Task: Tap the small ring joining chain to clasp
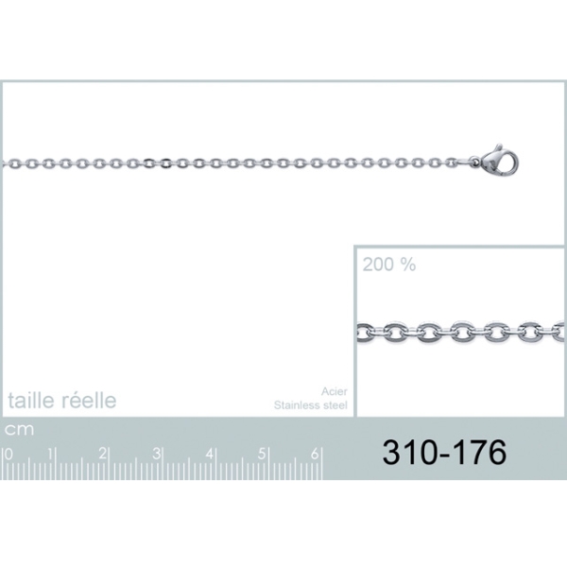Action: click(474, 162)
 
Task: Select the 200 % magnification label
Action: click(389, 265)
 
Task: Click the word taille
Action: click(31, 400)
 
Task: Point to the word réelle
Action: click(89, 400)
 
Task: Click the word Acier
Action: click(335, 391)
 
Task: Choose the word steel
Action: click(335, 405)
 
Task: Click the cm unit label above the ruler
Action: click(19, 430)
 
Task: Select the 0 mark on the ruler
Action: click(9, 455)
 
